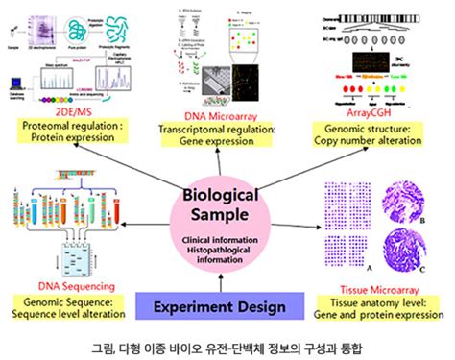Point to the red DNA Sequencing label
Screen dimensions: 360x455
pos(77,286)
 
